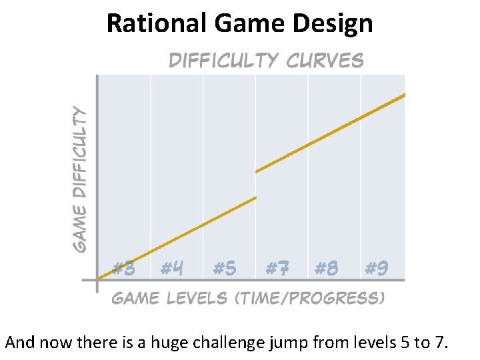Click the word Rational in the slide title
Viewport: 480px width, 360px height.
pyautogui.click(x=157, y=23)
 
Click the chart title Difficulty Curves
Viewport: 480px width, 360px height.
pyautogui.click(x=266, y=61)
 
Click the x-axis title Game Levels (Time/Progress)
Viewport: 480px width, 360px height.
pyautogui.click(x=248, y=297)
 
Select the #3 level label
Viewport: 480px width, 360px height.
pyautogui.click(x=124, y=268)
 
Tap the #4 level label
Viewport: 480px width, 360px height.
pyautogui.click(x=172, y=268)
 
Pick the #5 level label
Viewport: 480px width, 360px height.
pyautogui.click(x=225, y=268)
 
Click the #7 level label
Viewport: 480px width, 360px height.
pyautogui.click(x=277, y=268)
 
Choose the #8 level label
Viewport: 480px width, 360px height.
pyautogui.click(x=326, y=268)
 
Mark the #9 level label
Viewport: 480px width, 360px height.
pyautogui.click(x=377, y=268)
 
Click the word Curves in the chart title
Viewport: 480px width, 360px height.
pyautogui.click(x=325, y=61)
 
